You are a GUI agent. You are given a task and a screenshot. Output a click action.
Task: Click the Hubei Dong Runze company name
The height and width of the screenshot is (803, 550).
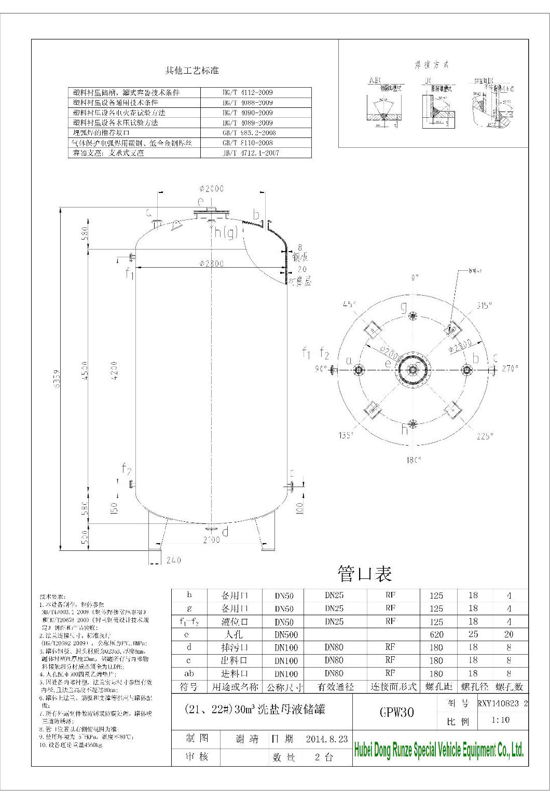coord(438,750)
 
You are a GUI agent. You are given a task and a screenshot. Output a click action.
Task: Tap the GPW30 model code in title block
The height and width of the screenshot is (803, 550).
coord(396,712)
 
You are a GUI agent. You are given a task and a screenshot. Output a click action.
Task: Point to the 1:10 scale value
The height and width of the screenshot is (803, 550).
coord(500,721)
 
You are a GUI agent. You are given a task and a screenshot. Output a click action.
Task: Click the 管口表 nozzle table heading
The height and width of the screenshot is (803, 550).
coord(364,573)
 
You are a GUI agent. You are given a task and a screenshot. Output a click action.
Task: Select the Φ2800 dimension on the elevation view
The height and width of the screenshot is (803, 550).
coord(211,264)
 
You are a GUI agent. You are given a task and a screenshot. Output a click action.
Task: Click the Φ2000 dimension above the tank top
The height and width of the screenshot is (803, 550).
coord(211,189)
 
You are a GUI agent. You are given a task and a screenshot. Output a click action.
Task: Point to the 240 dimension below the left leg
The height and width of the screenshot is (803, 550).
coord(173,560)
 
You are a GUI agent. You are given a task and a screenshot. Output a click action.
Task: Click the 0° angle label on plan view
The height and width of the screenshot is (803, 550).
coord(414,278)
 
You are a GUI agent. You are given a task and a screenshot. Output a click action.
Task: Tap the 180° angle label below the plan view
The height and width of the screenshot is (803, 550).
coord(414,460)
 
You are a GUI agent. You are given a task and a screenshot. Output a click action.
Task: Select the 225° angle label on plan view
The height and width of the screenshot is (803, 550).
coord(485,436)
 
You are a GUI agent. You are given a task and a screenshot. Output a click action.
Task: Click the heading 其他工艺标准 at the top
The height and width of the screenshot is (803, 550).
coord(192,71)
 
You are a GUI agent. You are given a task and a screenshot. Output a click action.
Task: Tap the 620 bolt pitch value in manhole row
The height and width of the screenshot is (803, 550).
coord(436,634)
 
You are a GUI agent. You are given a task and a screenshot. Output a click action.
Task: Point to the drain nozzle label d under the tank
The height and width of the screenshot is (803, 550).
coord(225,532)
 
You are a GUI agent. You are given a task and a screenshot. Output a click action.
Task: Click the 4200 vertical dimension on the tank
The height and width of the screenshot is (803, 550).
coord(114,369)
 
